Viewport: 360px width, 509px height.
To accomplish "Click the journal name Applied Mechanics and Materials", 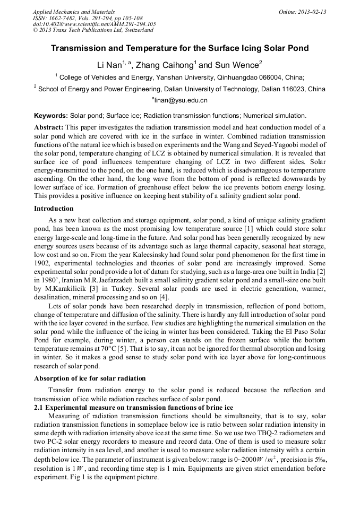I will (67, 12).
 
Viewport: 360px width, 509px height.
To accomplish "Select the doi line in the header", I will (94, 24).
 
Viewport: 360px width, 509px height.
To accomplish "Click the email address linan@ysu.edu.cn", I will (181, 100).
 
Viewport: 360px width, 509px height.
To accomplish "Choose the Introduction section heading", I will (55, 209).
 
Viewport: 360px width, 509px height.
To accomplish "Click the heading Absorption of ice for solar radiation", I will (90, 378).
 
